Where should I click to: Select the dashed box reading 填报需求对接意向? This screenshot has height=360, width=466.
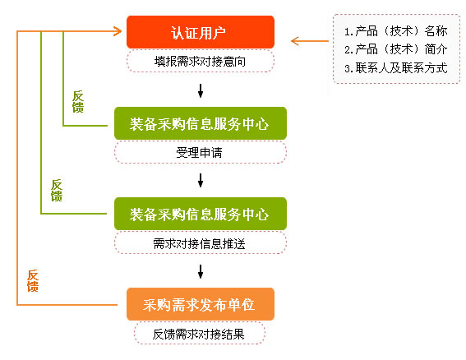pos(200,61)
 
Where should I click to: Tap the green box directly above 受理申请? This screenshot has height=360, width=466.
pos(200,124)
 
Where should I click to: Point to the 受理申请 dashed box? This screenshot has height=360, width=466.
pos(200,152)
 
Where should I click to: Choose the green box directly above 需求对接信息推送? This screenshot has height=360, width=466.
pos(200,214)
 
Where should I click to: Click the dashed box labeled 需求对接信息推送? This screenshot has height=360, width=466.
pos(200,242)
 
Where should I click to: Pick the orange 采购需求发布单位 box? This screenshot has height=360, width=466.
pos(200,304)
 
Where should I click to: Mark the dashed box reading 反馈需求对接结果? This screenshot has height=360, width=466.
pos(200,333)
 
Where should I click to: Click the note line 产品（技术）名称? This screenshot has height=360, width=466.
pos(395,31)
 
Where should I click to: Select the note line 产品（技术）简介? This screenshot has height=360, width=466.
pos(395,49)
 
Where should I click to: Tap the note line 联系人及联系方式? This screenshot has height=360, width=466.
pos(395,67)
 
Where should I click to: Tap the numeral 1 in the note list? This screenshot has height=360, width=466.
pos(348,32)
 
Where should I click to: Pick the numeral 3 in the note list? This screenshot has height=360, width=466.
pos(348,68)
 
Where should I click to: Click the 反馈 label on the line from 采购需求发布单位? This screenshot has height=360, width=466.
pos(33,280)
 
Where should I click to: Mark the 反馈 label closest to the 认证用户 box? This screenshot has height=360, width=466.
pos(78,101)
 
